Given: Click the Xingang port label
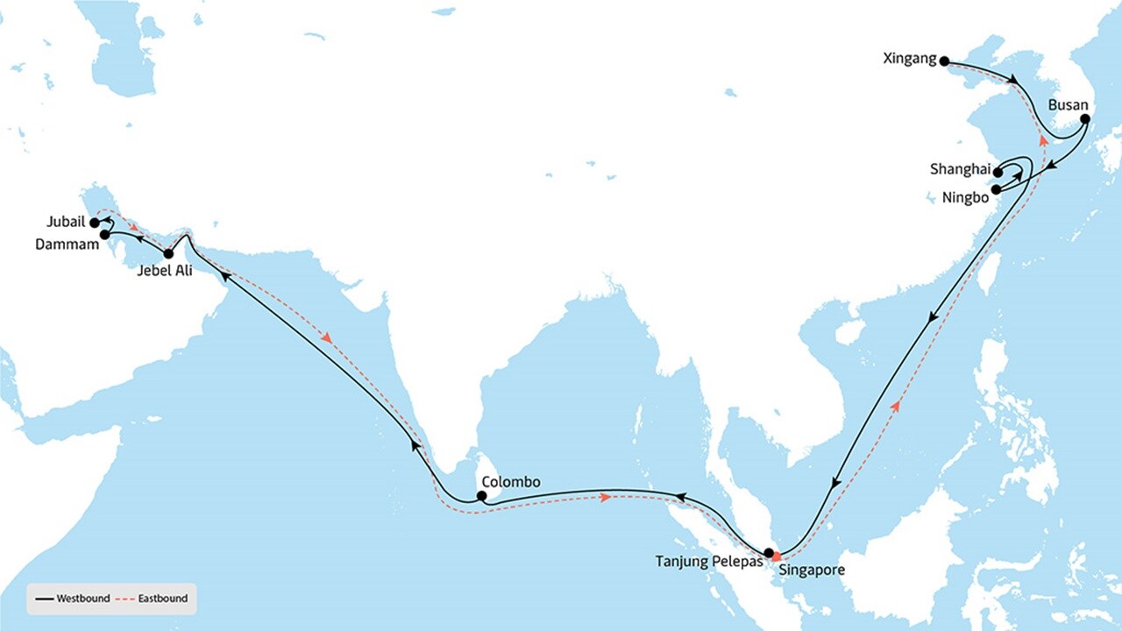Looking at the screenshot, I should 911,60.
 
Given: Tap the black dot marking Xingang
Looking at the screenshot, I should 944,61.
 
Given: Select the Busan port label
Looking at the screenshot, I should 1068,104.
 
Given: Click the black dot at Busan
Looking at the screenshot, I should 1084,118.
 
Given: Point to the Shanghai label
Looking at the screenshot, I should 960,169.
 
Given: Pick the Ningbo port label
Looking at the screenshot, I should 965,197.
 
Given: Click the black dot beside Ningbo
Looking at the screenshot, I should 996,188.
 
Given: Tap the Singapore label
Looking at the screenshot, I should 813,571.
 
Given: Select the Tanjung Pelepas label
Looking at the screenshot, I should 709,561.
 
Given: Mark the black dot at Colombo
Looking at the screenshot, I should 481,496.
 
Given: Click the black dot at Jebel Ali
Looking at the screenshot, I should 169,254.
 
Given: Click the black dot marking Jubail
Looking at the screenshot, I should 95,223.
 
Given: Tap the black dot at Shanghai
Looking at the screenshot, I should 998,173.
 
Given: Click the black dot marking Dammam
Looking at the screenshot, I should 104,235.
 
